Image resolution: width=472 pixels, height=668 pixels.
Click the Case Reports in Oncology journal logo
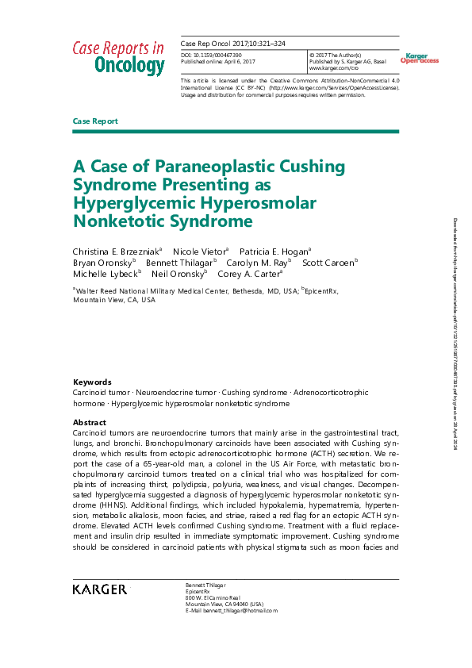click(118, 57)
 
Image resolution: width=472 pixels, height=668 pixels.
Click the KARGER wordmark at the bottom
click(99, 589)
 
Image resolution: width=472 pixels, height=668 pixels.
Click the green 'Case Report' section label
click(95, 121)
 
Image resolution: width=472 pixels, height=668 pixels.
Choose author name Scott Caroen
click(329, 261)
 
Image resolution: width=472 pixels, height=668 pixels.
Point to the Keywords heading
click(92, 382)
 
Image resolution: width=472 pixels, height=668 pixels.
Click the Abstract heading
click(89, 423)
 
